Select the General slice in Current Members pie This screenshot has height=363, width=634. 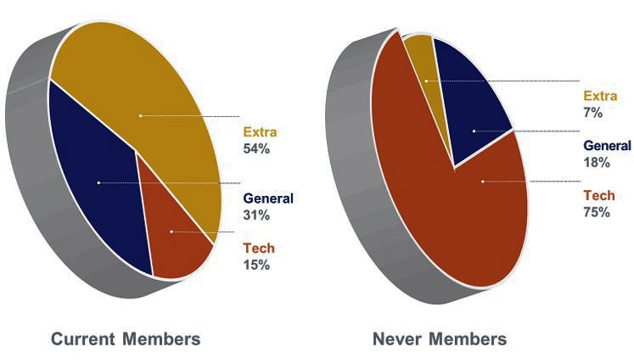tap(98, 182)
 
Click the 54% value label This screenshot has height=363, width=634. tap(257, 148)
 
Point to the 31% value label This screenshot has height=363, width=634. tap(257, 215)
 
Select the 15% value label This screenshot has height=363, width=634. tap(257, 265)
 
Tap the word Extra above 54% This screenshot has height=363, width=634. tap(261, 132)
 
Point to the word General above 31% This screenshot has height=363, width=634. tap(268, 199)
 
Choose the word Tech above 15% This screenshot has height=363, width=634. tap(259, 249)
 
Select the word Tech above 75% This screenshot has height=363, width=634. tap(598, 196)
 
